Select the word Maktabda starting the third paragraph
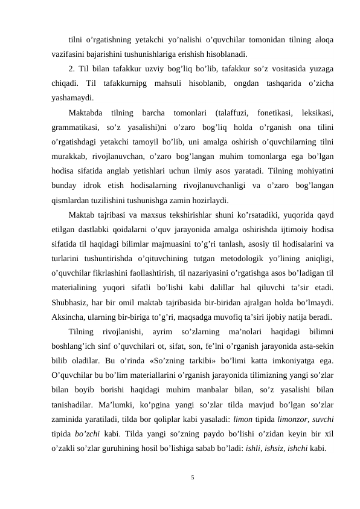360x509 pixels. [x=86, y=113]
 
